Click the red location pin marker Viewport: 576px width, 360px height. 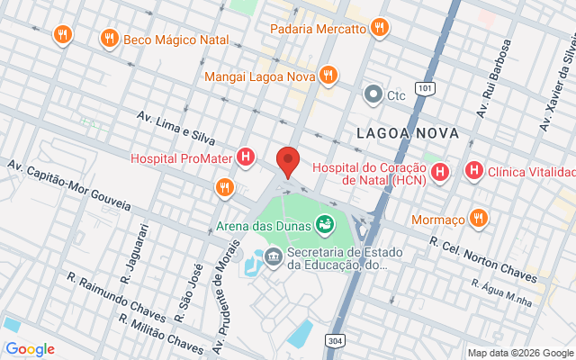(288, 161)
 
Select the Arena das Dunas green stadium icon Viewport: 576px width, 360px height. (325, 223)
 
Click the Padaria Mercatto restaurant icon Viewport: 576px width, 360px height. (380, 28)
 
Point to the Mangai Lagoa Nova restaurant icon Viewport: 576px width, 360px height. (328, 76)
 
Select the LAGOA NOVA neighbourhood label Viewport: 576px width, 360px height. (408, 133)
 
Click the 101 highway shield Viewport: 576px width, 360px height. (426, 88)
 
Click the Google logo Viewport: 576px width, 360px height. (30, 349)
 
